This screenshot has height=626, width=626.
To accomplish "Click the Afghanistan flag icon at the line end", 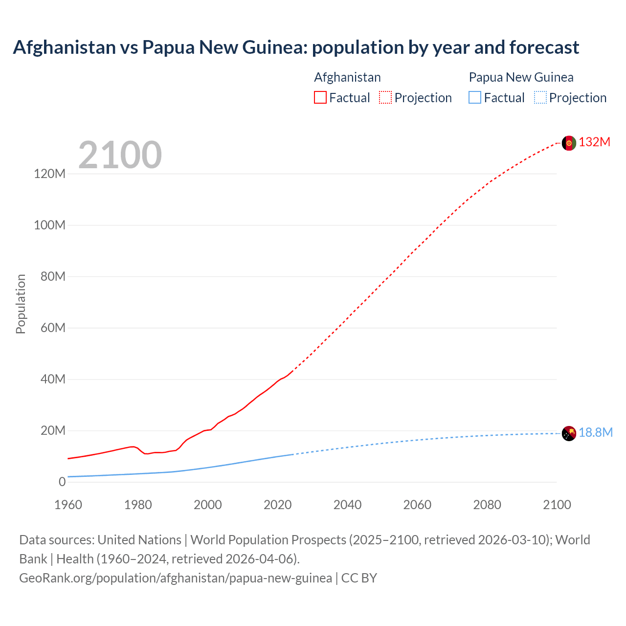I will pyautogui.click(x=569, y=143).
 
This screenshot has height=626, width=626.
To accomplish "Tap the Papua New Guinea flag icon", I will pyautogui.click(x=569, y=433).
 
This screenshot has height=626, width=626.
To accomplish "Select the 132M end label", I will pyautogui.click(x=594, y=142).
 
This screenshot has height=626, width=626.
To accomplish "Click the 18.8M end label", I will pyautogui.click(x=595, y=433).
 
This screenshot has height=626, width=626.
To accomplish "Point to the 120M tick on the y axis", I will pyautogui.click(x=49, y=174).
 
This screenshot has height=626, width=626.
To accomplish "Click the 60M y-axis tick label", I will pyautogui.click(x=52, y=328).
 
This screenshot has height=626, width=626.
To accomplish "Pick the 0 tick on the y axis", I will pyautogui.click(x=62, y=482).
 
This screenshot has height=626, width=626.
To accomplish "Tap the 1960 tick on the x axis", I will pyautogui.click(x=68, y=505).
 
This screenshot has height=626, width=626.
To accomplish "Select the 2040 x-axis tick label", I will pyautogui.click(x=347, y=505).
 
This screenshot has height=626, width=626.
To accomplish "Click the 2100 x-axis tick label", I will pyautogui.click(x=557, y=505).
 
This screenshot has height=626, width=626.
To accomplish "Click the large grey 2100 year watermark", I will pyautogui.click(x=120, y=155).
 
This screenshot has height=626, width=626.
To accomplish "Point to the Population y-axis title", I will pyautogui.click(x=21, y=304).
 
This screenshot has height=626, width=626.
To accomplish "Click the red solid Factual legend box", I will pyautogui.click(x=320, y=98).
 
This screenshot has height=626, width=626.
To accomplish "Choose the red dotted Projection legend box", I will pyautogui.click(x=385, y=98).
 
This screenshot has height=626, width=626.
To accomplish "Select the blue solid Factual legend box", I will pyautogui.click(x=474, y=98).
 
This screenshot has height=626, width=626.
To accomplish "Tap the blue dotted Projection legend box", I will pyautogui.click(x=540, y=98).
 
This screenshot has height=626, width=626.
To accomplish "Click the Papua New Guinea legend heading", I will pyautogui.click(x=521, y=77).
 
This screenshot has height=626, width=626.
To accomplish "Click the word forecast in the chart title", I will pyautogui.click(x=544, y=47).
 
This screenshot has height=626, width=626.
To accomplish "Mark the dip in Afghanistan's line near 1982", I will pyautogui.click(x=146, y=454).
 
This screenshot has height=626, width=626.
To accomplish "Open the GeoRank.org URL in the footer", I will pyautogui.click(x=176, y=578).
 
